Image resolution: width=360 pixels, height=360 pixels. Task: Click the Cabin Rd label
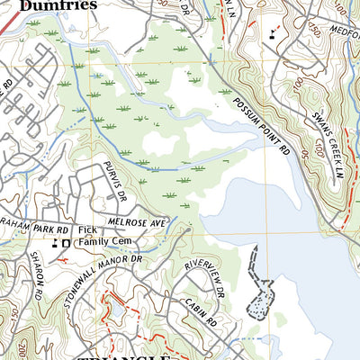(x=199, y=314)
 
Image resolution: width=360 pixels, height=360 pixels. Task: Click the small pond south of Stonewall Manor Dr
(x=116, y=310)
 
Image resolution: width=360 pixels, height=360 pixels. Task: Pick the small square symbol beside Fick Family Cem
(x=65, y=244)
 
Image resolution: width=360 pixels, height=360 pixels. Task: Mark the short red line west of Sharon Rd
(x=62, y=259)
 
